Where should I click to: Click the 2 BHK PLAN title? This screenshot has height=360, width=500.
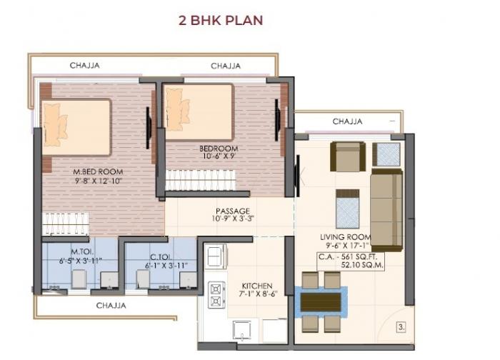(220, 19)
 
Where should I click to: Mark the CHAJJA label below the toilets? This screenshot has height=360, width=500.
(111, 306)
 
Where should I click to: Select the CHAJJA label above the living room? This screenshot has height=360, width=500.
(347, 121)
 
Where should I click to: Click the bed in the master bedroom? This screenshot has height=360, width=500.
(76, 128)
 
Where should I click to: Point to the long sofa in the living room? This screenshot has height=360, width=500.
(386, 208)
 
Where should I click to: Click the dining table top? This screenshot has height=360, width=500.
(321, 302)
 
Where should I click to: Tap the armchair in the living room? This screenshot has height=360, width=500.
(347, 156)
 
